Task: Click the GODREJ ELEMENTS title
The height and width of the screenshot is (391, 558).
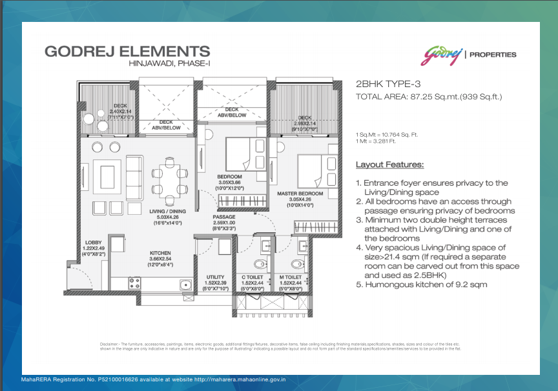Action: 127,51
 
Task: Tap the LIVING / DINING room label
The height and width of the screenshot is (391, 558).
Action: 168,210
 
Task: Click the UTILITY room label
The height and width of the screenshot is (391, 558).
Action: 215,277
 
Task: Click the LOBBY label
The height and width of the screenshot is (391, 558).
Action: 94,243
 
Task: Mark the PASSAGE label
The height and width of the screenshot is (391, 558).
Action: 224,217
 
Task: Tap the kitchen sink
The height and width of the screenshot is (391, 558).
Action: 185,283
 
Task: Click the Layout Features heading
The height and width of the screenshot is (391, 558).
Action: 389,165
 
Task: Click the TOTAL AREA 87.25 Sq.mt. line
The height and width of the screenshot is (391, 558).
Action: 429,97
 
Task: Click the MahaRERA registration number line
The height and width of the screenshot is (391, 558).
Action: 154,381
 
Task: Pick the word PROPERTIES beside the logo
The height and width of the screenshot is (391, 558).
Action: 494,55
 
